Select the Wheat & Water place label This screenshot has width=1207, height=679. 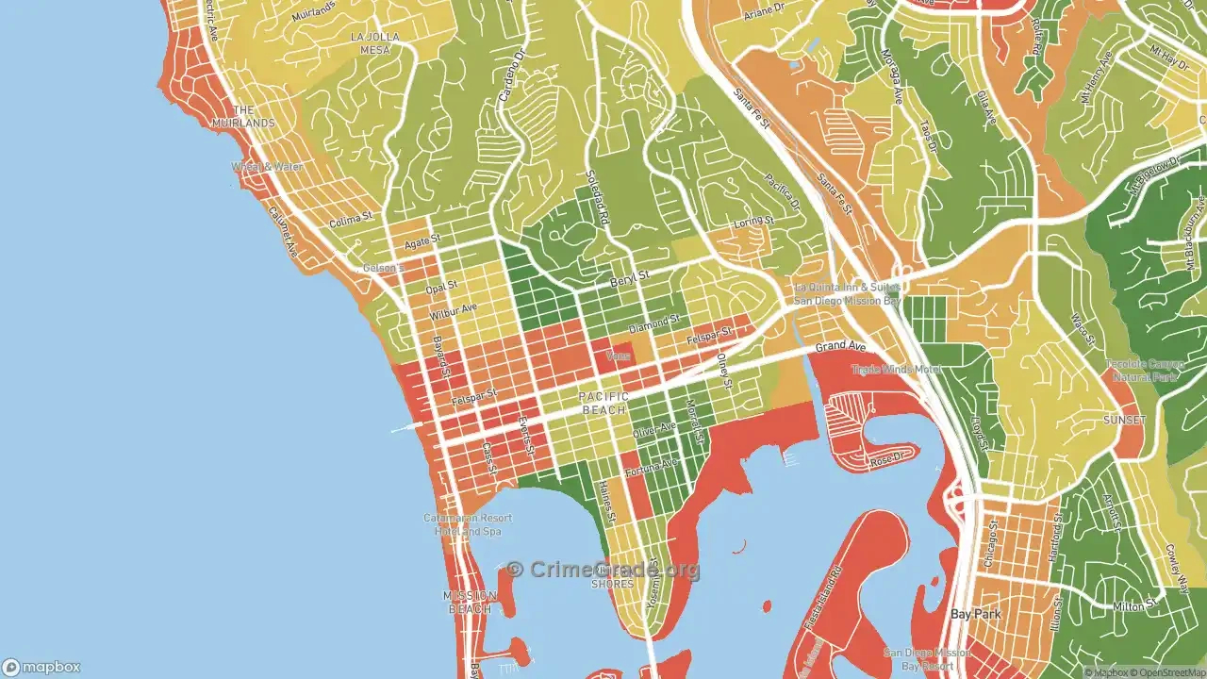[x=269, y=167]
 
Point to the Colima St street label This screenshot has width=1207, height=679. [x=351, y=223]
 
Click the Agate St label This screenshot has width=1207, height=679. [x=422, y=242]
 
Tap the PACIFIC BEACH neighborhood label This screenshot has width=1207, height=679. [x=603, y=404]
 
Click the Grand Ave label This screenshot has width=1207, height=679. [x=840, y=347]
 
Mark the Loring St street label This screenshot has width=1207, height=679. [x=753, y=222]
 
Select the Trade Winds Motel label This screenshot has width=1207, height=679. [x=897, y=370]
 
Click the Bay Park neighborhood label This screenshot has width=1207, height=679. [x=975, y=614]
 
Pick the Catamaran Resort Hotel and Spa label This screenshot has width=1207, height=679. [x=467, y=524]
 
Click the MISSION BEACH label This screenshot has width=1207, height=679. [x=470, y=602]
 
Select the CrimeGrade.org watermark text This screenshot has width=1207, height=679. [x=603, y=570]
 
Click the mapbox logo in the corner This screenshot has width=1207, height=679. [x=42, y=666]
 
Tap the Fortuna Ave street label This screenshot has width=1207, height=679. [x=655, y=465]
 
